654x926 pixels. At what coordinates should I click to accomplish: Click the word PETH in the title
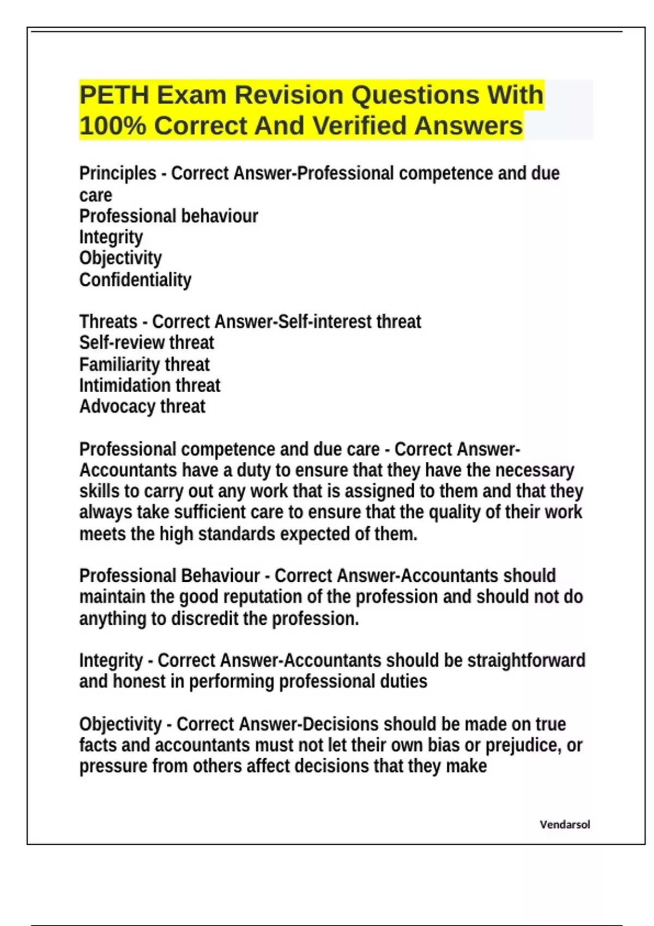pos(114,95)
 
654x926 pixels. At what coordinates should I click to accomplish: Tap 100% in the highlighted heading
pos(112,126)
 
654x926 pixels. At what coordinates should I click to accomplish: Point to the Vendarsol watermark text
pos(565,825)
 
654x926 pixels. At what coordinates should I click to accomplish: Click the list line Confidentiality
pos(135,280)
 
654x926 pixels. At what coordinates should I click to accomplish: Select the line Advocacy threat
pos(142,406)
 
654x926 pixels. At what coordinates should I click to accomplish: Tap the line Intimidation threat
pos(150,386)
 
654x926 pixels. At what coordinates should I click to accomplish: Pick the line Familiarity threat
pos(144,364)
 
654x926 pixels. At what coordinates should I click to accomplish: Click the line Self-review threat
pos(147,343)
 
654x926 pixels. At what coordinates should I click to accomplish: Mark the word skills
pos(99,491)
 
